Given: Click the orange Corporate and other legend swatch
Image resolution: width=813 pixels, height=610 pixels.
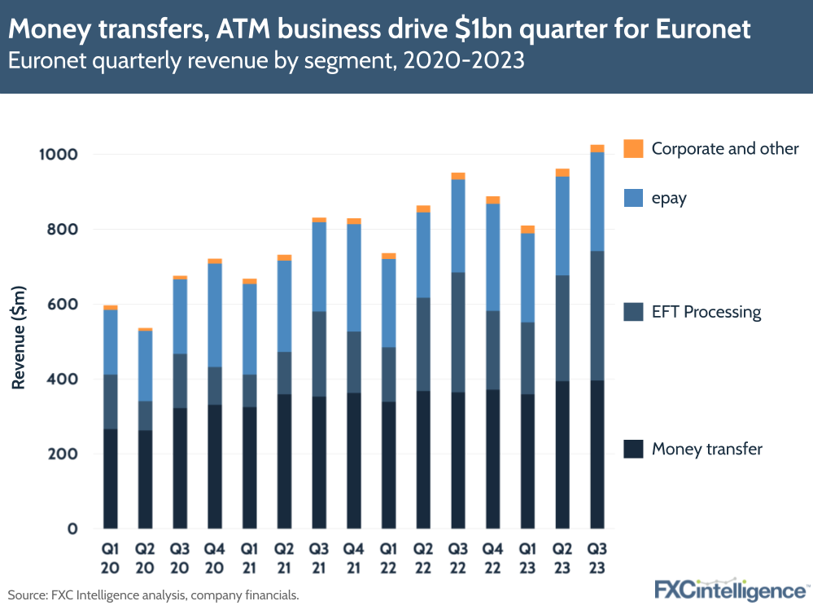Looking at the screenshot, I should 633,148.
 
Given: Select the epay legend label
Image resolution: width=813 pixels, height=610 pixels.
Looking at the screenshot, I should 669,198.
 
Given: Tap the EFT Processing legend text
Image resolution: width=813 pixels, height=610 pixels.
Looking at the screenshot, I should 706,312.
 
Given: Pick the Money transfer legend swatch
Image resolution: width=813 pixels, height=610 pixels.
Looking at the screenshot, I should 633,449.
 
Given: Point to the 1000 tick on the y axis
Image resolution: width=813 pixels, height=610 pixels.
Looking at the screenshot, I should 60,155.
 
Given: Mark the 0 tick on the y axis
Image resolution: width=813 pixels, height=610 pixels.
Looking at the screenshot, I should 73,529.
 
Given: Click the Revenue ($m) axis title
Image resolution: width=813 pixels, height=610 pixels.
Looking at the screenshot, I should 19,338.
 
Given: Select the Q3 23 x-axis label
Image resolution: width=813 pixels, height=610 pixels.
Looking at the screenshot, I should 597,557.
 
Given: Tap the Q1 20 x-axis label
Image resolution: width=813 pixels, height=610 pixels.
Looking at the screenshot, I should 110,557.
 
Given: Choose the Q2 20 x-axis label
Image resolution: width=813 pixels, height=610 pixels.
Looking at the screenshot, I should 145,557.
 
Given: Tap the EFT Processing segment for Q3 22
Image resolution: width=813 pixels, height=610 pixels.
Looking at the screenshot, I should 458,332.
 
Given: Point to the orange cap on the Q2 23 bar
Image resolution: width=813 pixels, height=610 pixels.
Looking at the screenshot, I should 562,173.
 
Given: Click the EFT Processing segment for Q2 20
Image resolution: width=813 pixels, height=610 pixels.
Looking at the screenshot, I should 145,415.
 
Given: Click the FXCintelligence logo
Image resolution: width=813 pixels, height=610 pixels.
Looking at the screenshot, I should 732,589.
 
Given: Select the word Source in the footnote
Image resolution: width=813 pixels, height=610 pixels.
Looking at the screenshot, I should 26,595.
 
